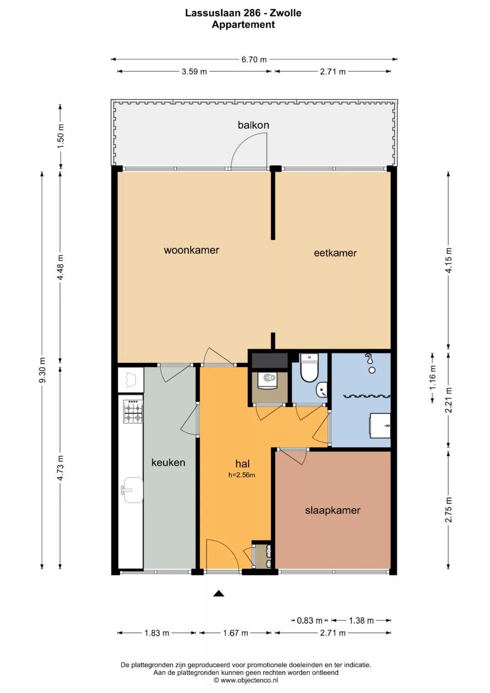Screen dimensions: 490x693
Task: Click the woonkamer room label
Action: click(191, 250)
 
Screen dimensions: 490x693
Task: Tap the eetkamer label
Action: click(335, 253)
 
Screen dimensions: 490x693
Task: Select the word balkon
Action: click(253, 125)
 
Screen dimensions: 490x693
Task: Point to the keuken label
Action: click(168, 462)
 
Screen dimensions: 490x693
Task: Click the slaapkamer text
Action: click(333, 510)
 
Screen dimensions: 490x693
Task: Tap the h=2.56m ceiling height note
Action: click(241, 475)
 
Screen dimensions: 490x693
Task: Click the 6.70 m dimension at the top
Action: click(254, 59)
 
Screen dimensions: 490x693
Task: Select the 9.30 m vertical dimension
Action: click(42, 370)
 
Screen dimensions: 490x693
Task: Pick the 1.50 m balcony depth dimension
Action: click(61, 136)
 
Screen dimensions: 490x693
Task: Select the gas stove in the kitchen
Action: click(133, 412)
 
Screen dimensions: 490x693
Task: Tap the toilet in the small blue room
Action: click(309, 368)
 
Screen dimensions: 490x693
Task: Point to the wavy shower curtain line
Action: click(367, 396)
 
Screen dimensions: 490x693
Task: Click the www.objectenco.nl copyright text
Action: click(246, 680)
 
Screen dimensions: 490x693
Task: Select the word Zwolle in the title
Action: click(285, 13)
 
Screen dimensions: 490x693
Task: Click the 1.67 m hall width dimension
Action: click(236, 633)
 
